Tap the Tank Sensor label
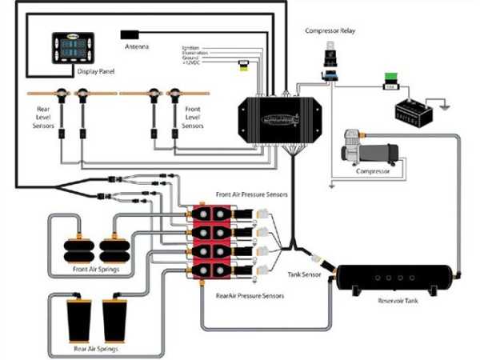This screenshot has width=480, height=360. pos(305,274)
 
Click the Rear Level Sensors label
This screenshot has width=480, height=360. pos(46,114)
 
